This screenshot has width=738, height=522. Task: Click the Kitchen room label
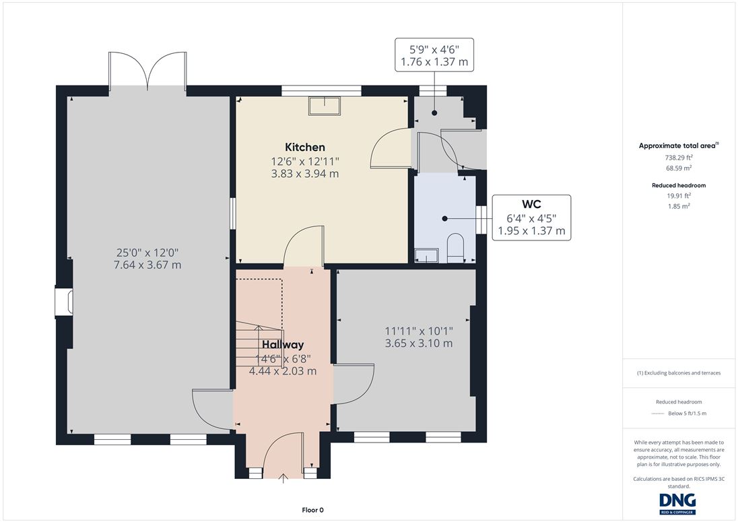point(305,148)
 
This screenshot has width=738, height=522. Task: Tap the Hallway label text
point(283,345)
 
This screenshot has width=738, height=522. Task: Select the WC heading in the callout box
point(531,204)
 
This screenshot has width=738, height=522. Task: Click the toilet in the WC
point(456,248)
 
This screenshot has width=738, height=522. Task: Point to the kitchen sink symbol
point(325,106)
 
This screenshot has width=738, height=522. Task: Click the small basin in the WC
point(426,255)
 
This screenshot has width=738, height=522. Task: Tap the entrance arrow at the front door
point(283,479)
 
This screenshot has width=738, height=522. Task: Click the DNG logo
point(678,503)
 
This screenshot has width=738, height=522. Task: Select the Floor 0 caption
point(312,510)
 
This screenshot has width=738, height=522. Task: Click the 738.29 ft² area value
point(678,158)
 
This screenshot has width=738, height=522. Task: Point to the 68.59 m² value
point(678,168)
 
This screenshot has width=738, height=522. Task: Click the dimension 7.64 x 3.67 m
point(147,265)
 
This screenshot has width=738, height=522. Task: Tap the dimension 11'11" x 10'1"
point(419,331)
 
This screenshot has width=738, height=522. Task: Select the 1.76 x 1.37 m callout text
point(434,62)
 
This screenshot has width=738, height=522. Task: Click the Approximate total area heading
point(678,145)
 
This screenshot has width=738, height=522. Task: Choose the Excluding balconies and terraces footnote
point(679,372)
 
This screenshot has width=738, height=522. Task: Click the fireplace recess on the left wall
point(64,302)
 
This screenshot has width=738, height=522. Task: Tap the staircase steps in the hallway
point(258,344)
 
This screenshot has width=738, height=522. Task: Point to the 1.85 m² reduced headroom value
point(679,206)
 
